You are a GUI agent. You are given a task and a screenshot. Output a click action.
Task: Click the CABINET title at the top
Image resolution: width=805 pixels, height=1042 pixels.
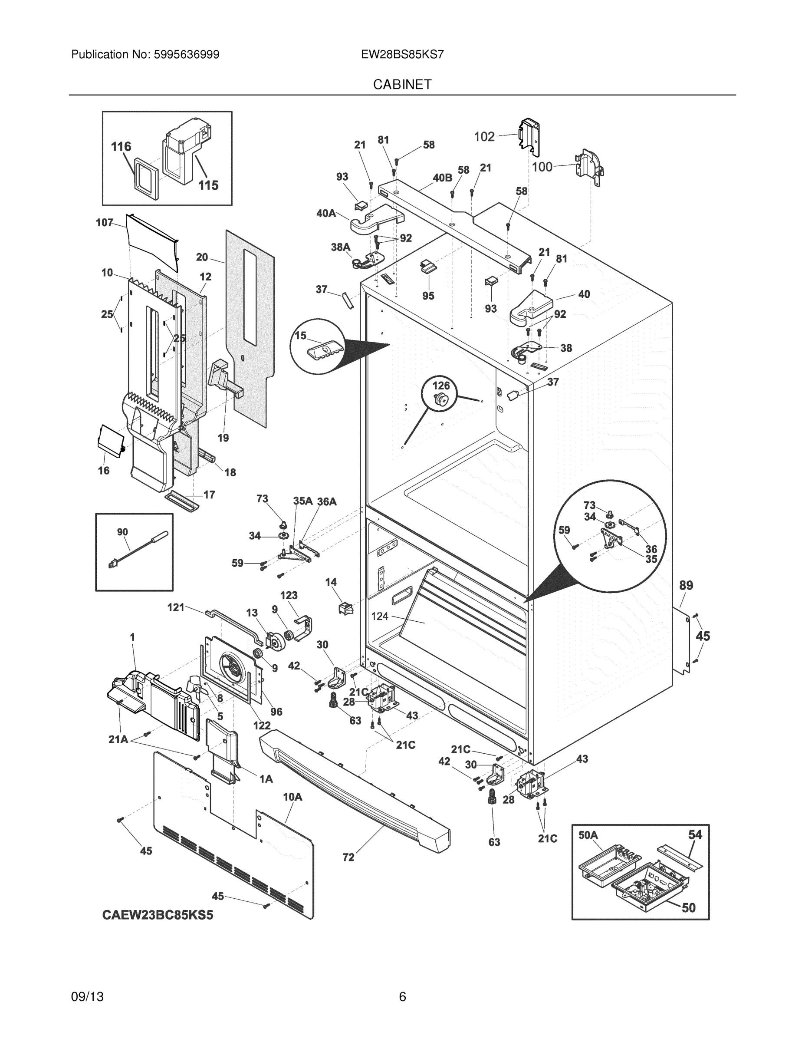402,85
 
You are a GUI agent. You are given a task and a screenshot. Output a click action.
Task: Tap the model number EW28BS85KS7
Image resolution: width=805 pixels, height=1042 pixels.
402,54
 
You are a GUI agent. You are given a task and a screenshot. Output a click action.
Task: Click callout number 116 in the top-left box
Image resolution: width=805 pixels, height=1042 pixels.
121,146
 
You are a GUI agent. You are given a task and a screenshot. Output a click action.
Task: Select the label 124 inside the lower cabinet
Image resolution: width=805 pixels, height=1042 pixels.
380,617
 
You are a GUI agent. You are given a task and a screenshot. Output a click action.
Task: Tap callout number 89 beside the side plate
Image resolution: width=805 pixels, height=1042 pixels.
686,585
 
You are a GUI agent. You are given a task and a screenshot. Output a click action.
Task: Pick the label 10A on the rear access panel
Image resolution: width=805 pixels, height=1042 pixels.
292,797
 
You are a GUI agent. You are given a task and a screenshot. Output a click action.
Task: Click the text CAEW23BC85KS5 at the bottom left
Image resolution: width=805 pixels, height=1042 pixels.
158,916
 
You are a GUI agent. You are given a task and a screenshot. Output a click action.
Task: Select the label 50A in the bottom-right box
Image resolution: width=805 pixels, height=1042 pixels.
588,835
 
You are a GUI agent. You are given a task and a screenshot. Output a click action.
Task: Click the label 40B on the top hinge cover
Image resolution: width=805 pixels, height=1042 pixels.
442,178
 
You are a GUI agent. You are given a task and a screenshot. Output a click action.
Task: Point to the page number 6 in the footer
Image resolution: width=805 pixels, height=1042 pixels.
402,997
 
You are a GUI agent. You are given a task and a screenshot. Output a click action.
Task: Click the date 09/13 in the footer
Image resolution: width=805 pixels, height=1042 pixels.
87,997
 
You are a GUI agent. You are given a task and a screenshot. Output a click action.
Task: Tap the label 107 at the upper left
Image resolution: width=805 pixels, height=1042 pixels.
105,222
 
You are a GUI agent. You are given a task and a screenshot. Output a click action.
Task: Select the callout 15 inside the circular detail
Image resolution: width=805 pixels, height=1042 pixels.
300,336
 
